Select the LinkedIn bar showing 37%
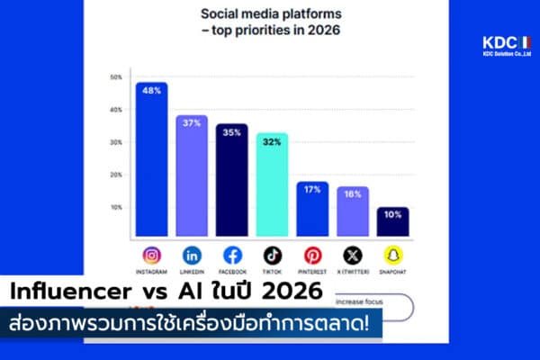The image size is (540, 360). pyautogui.click(x=192, y=176)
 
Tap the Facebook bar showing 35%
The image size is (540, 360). pyautogui.click(x=231, y=180)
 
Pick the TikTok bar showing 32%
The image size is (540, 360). pyautogui.click(x=271, y=184)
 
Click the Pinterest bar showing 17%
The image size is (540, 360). pyautogui.click(x=312, y=209)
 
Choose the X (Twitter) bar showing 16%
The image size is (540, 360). pyautogui.click(x=352, y=211)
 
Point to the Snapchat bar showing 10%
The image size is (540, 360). pyautogui.click(x=392, y=222)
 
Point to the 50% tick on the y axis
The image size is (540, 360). pyautogui.click(x=116, y=77)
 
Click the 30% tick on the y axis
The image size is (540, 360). pyautogui.click(x=116, y=142)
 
